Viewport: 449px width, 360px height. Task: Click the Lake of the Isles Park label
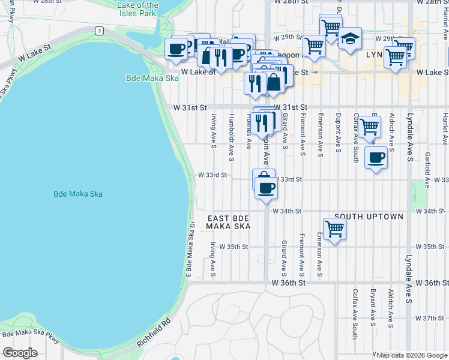[x=138, y=9]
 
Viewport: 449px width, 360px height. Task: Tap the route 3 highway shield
[x=98, y=30]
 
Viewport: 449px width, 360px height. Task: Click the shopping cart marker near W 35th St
[x=334, y=229]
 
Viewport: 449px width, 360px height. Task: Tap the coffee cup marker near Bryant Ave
[x=376, y=158]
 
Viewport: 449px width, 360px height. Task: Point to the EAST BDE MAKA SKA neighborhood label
[x=228, y=222]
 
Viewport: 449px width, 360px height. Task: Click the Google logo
[x=20, y=353]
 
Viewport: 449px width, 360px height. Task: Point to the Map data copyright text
[x=411, y=355]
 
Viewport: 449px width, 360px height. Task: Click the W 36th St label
[x=289, y=282]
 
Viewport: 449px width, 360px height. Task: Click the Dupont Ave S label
[x=338, y=132]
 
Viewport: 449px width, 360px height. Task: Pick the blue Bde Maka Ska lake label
[x=78, y=194]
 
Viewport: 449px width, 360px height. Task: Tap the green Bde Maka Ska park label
[x=144, y=78]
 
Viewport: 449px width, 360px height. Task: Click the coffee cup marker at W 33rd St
[x=266, y=188]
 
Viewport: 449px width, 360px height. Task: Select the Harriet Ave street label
[x=445, y=129]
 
